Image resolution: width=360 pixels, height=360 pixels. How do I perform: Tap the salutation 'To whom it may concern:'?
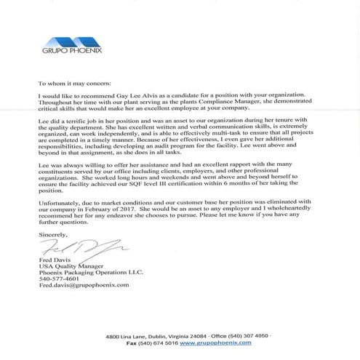click(x=71, y=84)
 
